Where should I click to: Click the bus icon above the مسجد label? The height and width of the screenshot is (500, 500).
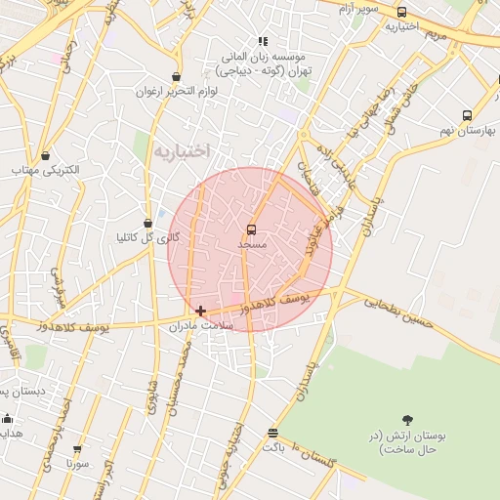(251, 229)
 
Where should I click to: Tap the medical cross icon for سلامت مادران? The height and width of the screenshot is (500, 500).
(200, 312)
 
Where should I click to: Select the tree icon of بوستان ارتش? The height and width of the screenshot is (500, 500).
(407, 421)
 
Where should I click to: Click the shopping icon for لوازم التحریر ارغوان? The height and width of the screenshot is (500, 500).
(176, 77)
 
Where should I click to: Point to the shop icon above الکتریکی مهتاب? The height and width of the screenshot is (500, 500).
(46, 154)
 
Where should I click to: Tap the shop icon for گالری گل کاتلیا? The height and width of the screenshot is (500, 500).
(147, 224)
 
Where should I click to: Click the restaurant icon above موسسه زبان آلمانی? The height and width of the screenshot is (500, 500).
(262, 41)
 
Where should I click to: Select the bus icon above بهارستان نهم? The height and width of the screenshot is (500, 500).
(467, 115)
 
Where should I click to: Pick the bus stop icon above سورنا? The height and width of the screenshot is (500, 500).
(77, 450)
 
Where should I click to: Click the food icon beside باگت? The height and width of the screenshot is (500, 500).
(271, 433)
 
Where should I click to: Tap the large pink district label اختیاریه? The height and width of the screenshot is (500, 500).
(182, 150)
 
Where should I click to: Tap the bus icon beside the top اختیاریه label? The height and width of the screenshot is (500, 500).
(401, 13)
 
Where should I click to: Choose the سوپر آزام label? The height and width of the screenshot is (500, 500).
(360, 9)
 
